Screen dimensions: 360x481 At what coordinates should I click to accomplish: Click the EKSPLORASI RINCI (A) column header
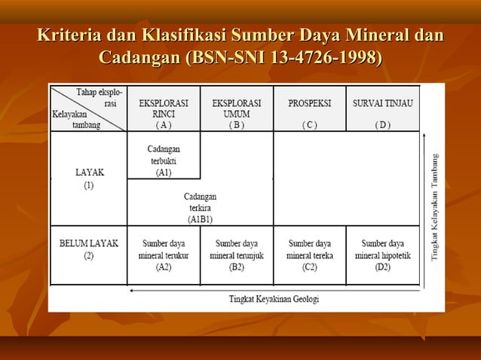[x=164, y=112]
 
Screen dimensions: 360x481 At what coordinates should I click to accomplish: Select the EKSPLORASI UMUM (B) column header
[x=237, y=112]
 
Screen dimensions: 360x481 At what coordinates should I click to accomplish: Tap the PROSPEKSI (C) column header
[x=309, y=112]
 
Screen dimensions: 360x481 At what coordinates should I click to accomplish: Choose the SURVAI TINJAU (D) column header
[x=382, y=112]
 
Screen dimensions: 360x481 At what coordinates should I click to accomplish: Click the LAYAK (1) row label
[x=89, y=178]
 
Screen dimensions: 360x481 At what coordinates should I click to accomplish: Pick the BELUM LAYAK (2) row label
[x=89, y=249]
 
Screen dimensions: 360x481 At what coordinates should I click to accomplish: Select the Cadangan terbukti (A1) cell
[x=164, y=160]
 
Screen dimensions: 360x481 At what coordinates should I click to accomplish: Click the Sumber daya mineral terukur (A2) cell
[x=164, y=255]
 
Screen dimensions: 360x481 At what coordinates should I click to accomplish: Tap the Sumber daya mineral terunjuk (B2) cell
[x=237, y=255]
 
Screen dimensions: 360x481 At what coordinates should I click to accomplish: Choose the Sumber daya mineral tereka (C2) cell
[x=309, y=255]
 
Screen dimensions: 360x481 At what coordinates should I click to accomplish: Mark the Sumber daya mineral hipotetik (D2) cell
[x=382, y=255]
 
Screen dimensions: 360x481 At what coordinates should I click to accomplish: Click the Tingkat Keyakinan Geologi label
[x=274, y=298]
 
